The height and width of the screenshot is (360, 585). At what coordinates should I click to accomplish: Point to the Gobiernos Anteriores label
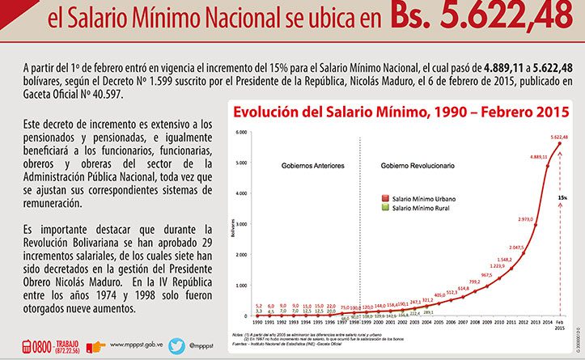click(x=312, y=165)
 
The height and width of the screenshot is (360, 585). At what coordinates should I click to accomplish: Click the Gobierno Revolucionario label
click(x=418, y=165)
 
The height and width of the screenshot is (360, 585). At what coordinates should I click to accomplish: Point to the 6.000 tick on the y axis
click(x=240, y=132)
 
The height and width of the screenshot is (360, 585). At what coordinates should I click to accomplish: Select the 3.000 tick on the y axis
click(x=240, y=224)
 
